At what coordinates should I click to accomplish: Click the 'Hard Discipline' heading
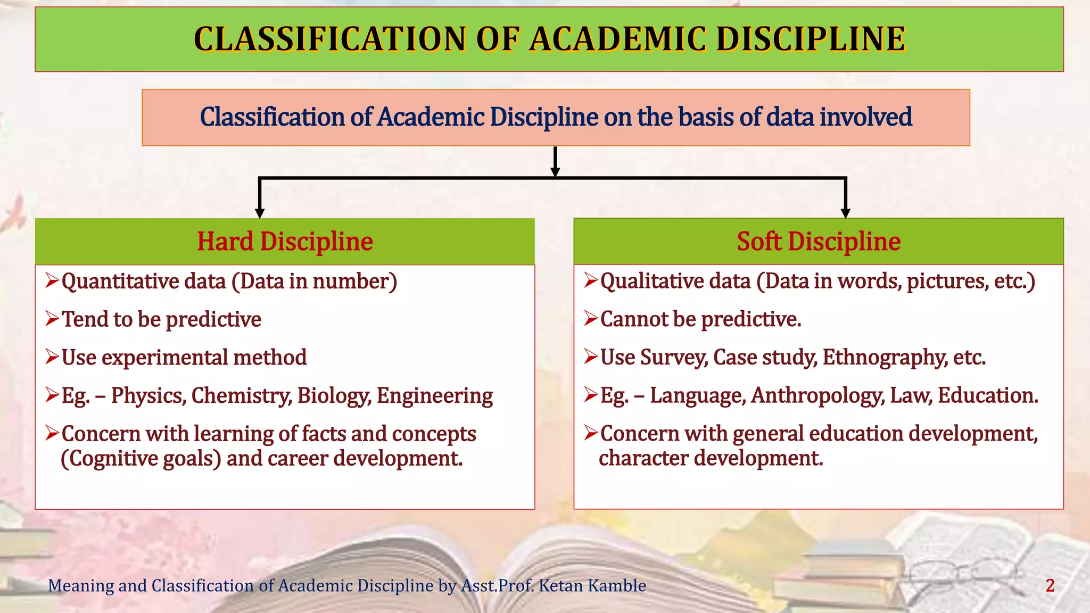[285, 242]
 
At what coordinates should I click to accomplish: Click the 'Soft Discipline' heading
[818, 242]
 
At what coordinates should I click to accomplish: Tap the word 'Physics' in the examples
[148, 396]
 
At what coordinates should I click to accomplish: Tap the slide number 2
[1050, 586]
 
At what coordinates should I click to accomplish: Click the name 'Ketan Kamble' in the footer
[592, 586]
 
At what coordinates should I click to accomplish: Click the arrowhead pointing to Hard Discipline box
[260, 213]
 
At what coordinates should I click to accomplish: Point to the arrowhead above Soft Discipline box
[845, 213]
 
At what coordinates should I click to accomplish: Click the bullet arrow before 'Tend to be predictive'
[52, 319]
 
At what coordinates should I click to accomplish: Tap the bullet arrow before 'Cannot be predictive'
[591, 319]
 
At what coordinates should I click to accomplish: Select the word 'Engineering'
[435, 396]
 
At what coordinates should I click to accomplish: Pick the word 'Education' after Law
[987, 396]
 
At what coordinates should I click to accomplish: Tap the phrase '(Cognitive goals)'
[141, 459]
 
